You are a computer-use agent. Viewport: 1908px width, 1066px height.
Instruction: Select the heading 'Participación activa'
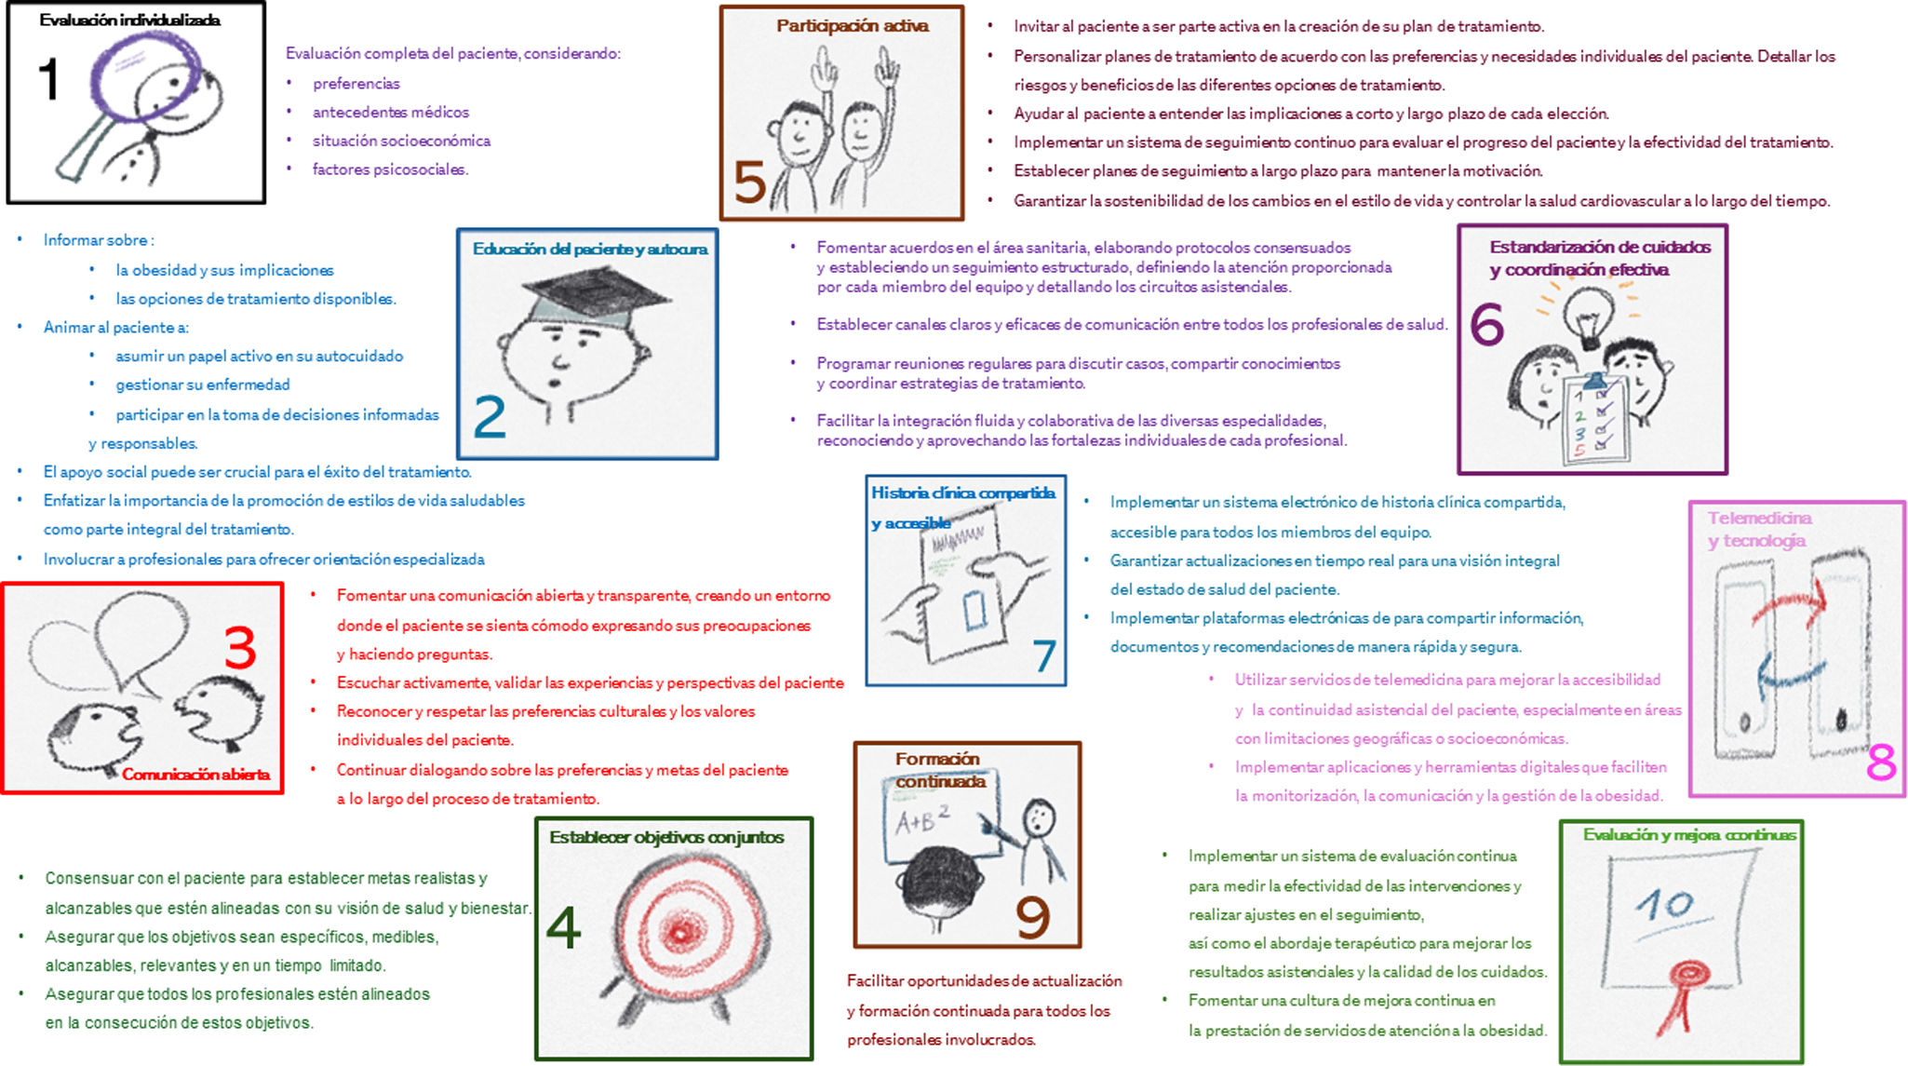[852, 26]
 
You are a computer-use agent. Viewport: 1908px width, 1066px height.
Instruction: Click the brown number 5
[749, 182]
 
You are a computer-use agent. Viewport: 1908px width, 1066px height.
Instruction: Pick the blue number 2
[490, 416]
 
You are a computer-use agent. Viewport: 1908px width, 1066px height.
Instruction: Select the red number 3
[240, 648]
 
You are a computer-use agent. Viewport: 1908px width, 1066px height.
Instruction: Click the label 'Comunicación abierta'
[195, 774]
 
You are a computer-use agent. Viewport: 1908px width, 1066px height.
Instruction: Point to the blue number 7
[1044, 655]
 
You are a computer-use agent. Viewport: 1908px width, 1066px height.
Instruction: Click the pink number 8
[1881, 763]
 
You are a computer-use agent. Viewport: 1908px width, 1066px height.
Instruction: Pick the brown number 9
[1032, 917]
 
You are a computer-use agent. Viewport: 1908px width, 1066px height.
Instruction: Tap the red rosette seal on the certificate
[1686, 977]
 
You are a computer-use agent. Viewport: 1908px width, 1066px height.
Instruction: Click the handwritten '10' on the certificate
[1664, 903]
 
